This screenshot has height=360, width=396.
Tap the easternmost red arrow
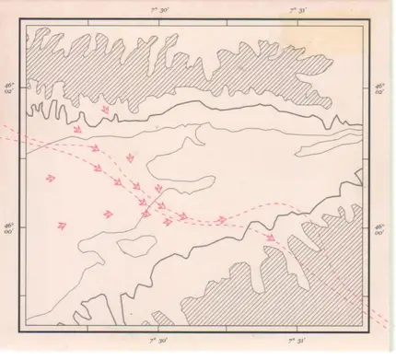pos(271,238)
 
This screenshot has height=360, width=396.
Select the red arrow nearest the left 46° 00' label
pos(62,224)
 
